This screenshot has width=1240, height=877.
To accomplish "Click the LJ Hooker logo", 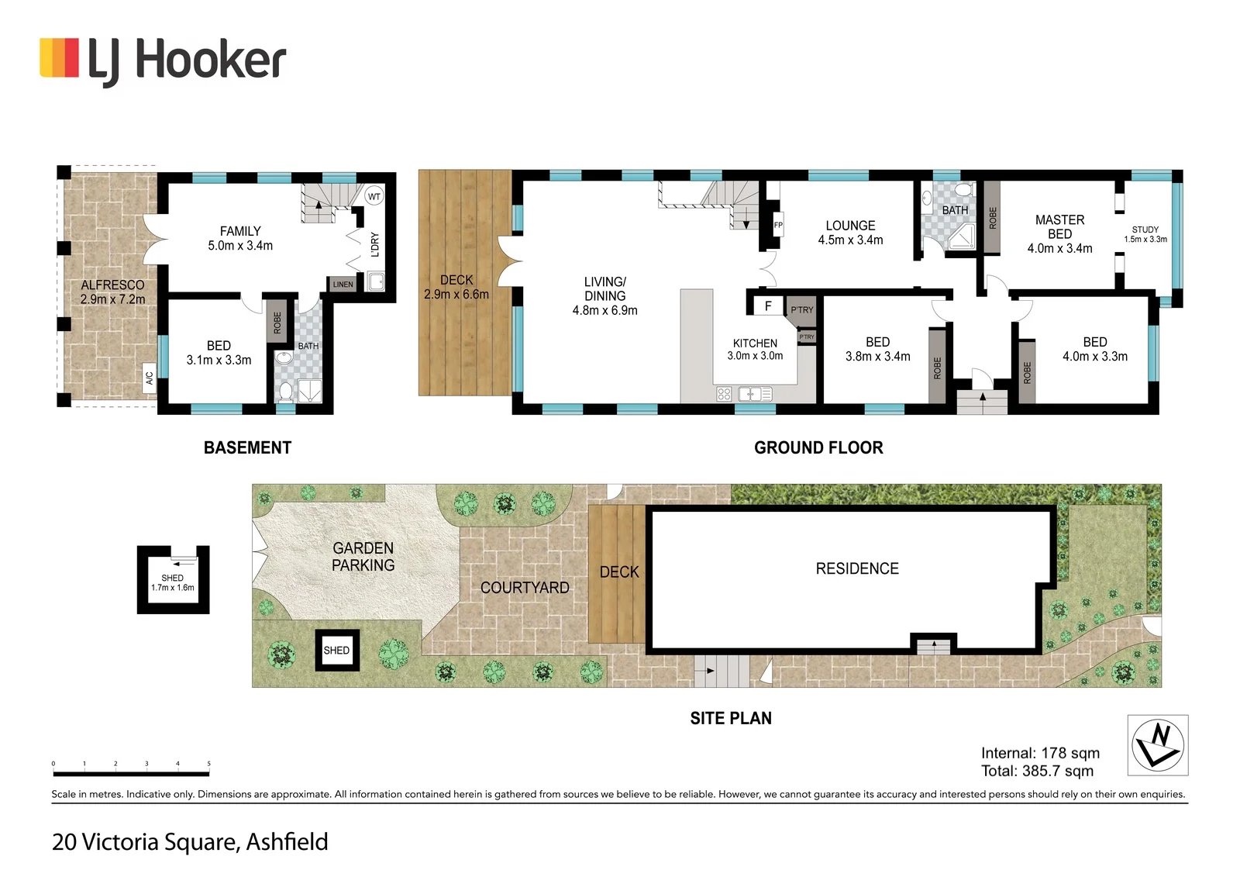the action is [163, 60].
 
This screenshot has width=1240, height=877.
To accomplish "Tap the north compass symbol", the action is [1158, 745].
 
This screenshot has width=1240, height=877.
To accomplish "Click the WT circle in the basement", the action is [374, 196].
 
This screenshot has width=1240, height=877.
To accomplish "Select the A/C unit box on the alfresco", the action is [149, 378].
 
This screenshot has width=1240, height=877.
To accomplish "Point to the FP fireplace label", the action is [778, 225].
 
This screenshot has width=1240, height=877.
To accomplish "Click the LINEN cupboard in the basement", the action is [343, 285].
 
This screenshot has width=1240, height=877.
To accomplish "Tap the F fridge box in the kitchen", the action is [768, 306].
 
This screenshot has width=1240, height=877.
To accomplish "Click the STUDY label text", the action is [1145, 230].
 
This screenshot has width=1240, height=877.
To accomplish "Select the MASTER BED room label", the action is [1059, 226].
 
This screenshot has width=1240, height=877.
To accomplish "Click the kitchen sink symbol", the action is [755, 394].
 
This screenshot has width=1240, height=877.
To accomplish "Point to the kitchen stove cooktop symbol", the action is [724, 394].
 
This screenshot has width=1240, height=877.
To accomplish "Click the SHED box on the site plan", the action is [336, 651].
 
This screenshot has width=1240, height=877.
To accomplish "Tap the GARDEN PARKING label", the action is [363, 556].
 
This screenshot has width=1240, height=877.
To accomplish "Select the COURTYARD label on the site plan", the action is [525, 587].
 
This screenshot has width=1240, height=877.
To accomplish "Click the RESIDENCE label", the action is [857, 568].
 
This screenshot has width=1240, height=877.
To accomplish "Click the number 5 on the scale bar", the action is [208, 764].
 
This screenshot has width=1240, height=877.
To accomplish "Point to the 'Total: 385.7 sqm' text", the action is [1038, 771].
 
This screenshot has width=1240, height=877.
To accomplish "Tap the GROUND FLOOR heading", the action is [818, 447].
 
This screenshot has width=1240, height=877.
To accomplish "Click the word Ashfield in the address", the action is [287, 841].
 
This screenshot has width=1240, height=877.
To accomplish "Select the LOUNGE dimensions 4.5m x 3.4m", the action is [850, 240].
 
